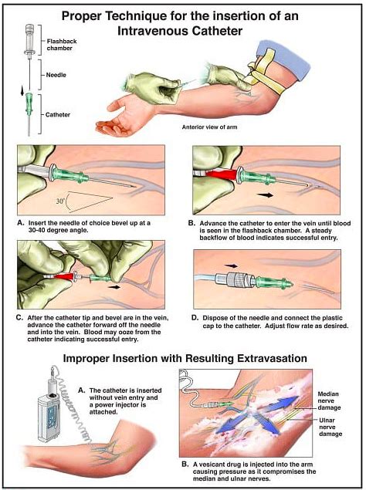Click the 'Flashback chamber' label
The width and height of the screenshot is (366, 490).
[62, 45]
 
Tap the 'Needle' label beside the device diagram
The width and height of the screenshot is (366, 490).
[56, 75]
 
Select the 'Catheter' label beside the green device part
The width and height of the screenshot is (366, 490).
[58, 115]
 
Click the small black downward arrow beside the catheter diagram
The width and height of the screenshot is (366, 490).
[22, 91]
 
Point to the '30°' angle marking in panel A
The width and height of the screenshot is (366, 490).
[60, 201]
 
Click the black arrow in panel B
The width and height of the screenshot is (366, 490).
[265, 195]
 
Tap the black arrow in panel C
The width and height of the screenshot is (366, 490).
[115, 286]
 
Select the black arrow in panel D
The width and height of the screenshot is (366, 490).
[231, 266]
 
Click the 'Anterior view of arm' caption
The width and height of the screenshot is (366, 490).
[209, 127]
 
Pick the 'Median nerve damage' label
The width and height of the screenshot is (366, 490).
[329, 401]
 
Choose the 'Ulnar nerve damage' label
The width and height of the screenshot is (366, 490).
[330, 427]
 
